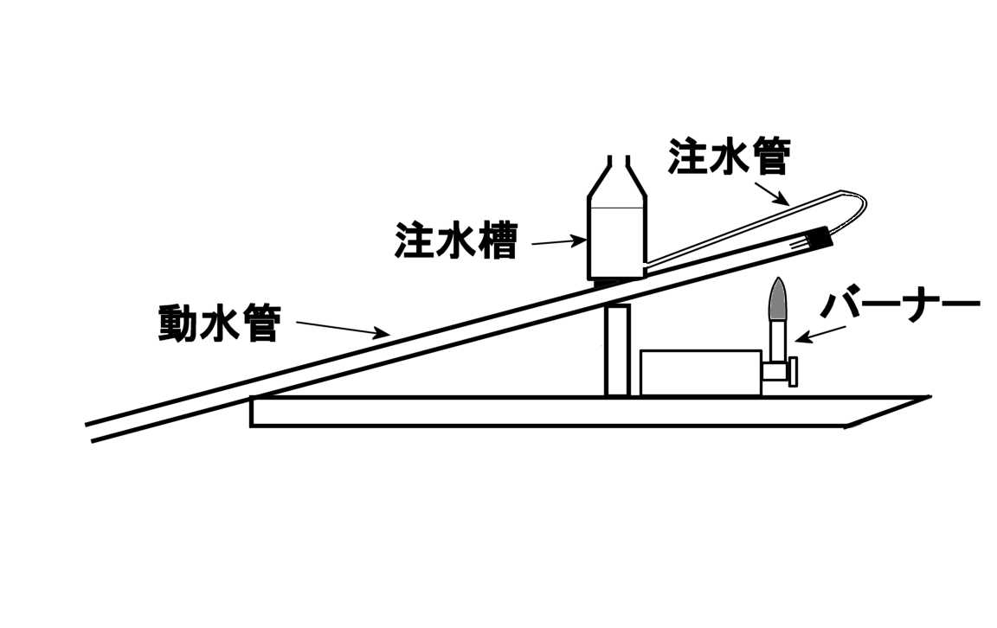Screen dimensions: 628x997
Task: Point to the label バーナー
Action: [x=900, y=307]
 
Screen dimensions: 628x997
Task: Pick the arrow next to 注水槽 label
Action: [x=559, y=242]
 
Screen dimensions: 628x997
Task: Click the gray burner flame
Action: [x=778, y=298]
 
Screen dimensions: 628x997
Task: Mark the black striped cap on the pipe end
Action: [x=817, y=240]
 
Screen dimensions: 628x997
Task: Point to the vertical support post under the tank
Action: [x=616, y=350]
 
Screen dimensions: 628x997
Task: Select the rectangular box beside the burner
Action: [x=700, y=373]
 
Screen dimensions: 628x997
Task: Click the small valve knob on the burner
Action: [x=793, y=373]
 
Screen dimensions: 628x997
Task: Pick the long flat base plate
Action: [x=554, y=412]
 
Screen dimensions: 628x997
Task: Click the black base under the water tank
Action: [x=618, y=283]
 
